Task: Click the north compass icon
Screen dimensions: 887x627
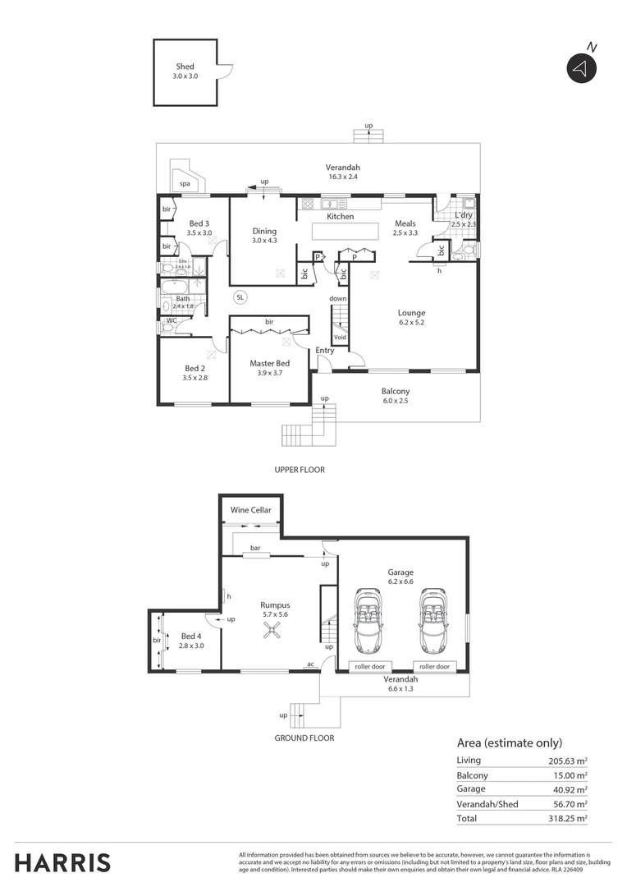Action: click(x=580, y=69)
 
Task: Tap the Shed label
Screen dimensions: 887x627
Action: click(x=185, y=67)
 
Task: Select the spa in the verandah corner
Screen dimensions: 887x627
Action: click(x=185, y=182)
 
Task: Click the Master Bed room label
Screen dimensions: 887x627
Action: click(x=270, y=363)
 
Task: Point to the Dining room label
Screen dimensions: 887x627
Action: click(x=264, y=232)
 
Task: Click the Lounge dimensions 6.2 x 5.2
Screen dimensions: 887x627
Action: click(x=411, y=323)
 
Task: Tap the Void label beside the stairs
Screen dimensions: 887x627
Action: click(x=340, y=337)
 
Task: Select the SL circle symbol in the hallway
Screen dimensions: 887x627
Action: click(x=240, y=296)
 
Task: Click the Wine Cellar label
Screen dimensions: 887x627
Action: click(x=250, y=510)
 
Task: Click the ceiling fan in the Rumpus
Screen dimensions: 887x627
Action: click(x=271, y=630)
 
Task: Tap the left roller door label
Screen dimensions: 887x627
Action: click(x=370, y=666)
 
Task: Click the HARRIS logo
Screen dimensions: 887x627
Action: click(x=62, y=863)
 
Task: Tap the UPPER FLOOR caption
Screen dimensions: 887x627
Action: click(x=300, y=471)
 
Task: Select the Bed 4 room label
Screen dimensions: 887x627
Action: click(x=191, y=636)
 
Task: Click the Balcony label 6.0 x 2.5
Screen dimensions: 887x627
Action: click(x=396, y=391)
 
